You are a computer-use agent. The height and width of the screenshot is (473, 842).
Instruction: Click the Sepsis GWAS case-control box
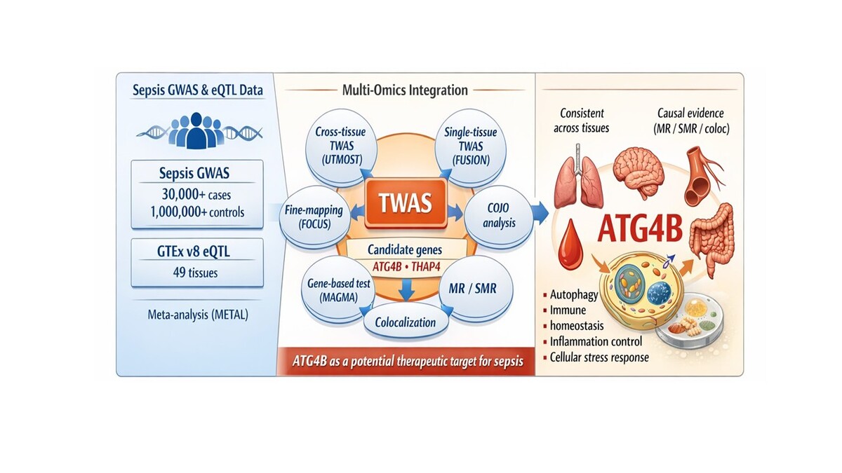coord(196,193)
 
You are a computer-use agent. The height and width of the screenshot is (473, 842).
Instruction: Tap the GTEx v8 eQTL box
coord(196,262)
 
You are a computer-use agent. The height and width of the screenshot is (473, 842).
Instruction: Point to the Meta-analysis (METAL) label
coord(196,315)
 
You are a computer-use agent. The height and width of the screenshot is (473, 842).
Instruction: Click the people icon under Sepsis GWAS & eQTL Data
coord(196,130)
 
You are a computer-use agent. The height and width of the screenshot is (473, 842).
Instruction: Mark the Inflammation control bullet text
coord(607,342)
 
